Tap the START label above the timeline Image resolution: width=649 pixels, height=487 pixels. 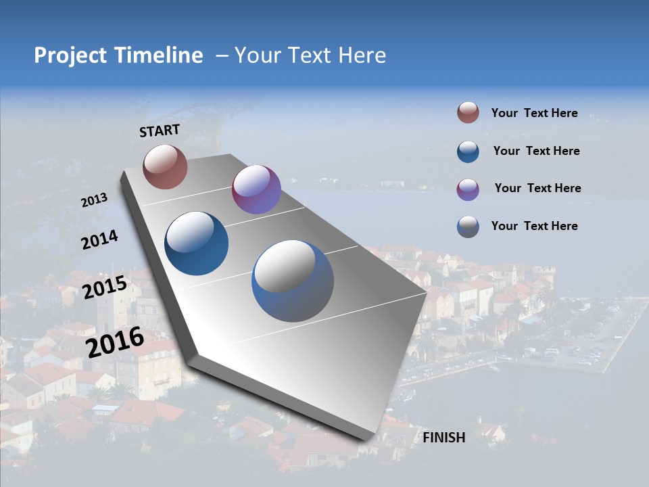160,131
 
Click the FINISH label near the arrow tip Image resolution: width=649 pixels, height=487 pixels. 444,438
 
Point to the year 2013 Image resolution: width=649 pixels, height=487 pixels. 95,200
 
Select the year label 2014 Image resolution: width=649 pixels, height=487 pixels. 99,239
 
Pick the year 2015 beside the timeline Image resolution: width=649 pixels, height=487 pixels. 105,287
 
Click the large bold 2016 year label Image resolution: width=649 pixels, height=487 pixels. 115,342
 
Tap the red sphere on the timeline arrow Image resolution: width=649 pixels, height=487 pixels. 165,166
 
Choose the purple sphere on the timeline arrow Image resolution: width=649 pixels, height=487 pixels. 256,189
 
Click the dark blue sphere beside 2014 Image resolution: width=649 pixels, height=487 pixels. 197,243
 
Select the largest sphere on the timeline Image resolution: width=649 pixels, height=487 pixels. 293,281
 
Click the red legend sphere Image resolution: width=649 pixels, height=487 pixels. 468,113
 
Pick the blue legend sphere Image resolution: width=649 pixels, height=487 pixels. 468,151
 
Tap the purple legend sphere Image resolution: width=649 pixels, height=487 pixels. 468,189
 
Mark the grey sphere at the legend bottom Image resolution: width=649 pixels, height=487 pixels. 468,227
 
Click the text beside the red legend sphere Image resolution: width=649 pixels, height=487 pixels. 534,114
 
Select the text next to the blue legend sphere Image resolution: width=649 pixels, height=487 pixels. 536,151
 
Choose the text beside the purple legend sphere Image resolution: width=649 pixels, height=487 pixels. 537,188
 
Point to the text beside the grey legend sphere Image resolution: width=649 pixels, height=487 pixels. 534,226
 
